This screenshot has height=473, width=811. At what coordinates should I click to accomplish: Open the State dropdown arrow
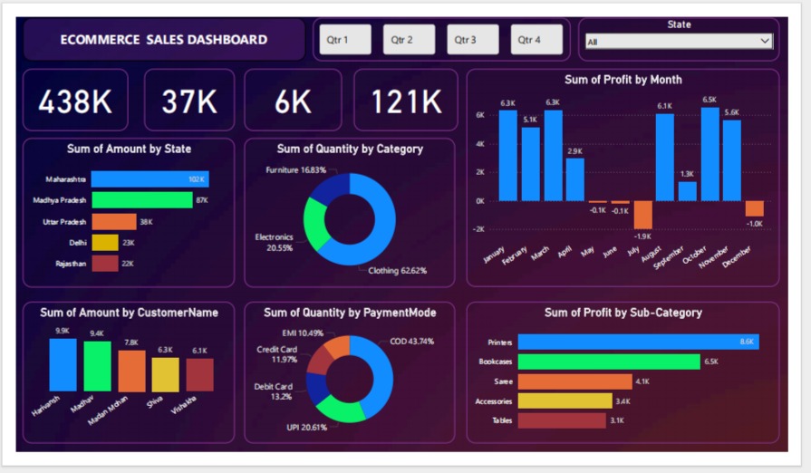(766, 41)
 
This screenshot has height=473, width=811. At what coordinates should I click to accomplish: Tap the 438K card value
(75, 101)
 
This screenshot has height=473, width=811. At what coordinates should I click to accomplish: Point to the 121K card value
(406, 101)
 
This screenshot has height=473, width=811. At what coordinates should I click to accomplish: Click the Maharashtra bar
(150, 179)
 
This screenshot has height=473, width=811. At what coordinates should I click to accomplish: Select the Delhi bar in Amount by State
(105, 242)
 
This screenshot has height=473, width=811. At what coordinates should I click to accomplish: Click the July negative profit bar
(642, 215)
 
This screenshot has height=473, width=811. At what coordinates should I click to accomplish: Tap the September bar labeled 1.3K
(687, 191)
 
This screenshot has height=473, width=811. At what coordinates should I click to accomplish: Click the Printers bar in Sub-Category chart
(638, 342)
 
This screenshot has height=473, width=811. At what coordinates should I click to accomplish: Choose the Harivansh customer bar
(63, 364)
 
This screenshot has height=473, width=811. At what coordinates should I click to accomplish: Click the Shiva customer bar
(165, 374)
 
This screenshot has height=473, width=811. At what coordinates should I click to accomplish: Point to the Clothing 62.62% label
(397, 270)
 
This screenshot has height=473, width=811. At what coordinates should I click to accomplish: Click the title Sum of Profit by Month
(623, 80)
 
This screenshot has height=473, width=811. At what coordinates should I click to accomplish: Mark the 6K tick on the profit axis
(480, 115)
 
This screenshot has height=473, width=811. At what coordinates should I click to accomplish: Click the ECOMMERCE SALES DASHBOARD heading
(164, 40)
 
